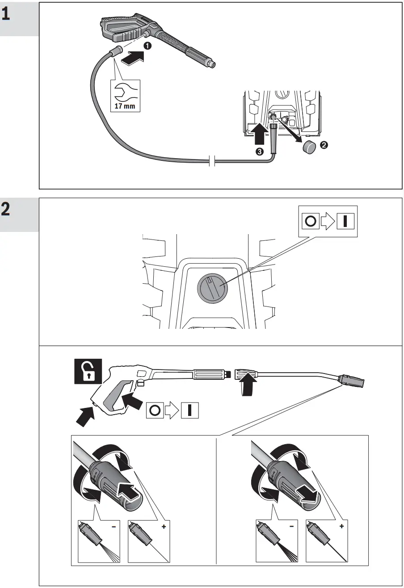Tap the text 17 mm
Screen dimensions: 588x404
point(124,107)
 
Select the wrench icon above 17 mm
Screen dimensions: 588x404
point(124,92)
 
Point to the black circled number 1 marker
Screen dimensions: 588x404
point(147,46)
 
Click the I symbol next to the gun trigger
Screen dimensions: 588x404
point(190,410)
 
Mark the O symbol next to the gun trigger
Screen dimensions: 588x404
point(154,410)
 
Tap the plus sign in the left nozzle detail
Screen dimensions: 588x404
point(164,527)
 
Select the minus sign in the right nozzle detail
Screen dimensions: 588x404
point(291,527)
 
